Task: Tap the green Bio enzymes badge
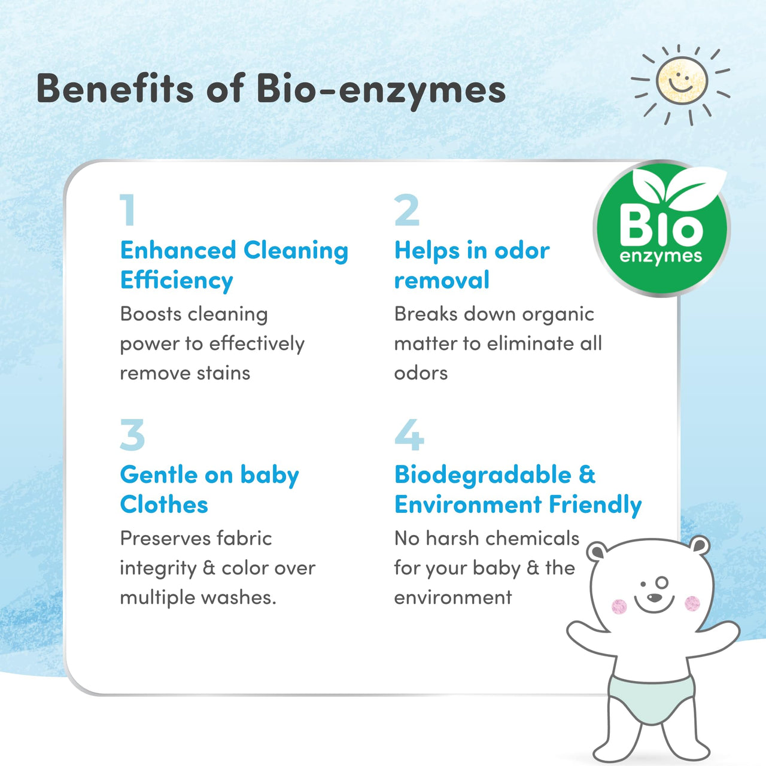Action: pos(661,230)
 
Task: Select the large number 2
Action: pos(407,211)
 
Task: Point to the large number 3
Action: pos(132,434)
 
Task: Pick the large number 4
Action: pos(409,434)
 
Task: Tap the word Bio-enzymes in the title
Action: pos(381,90)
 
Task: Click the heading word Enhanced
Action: pos(178,250)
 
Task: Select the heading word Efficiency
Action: pos(177,280)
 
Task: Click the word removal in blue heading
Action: pos(442,280)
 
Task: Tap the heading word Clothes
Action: pos(164,504)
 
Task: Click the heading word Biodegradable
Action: pos(484,475)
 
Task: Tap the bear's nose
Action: pos(655,597)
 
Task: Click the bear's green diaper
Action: pos(651,697)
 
